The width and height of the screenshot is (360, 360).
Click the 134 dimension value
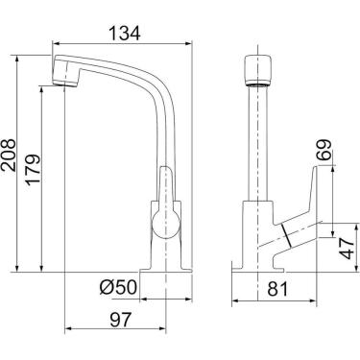click(125, 33)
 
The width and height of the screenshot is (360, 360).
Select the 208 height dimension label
click(9, 155)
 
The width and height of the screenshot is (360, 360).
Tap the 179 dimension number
click(34, 169)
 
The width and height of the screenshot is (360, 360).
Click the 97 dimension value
click(121, 320)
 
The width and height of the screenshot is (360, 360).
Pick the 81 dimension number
click(277, 289)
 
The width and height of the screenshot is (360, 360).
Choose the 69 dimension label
click(324, 150)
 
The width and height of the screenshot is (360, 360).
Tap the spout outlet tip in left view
click(65, 84)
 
